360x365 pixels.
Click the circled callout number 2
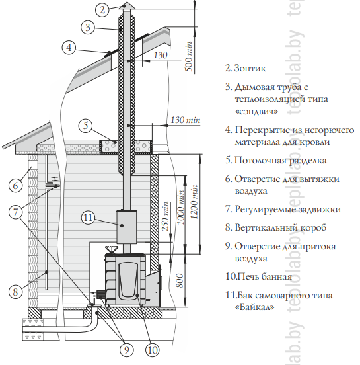(x=102, y=10)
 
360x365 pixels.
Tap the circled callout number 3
(x=88, y=28)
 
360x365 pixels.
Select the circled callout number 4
(x=69, y=48)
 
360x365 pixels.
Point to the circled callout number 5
(x=86, y=126)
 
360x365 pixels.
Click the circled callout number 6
(x=15, y=186)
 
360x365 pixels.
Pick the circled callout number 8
(x=15, y=292)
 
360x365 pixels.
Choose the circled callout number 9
(x=127, y=350)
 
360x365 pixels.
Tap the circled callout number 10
(x=153, y=350)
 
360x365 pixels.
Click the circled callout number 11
(x=88, y=218)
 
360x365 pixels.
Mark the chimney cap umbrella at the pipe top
(x=127, y=6)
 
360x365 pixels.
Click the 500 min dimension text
(x=189, y=57)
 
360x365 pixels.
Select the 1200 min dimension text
(x=194, y=202)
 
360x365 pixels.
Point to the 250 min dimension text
(x=165, y=216)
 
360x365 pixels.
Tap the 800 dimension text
(x=180, y=280)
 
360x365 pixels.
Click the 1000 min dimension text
(x=181, y=208)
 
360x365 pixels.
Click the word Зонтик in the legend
(x=250, y=69)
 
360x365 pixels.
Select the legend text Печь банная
(x=264, y=277)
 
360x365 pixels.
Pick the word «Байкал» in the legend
(x=255, y=307)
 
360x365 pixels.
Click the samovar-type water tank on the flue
(x=127, y=227)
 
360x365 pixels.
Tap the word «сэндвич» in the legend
(x=256, y=111)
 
